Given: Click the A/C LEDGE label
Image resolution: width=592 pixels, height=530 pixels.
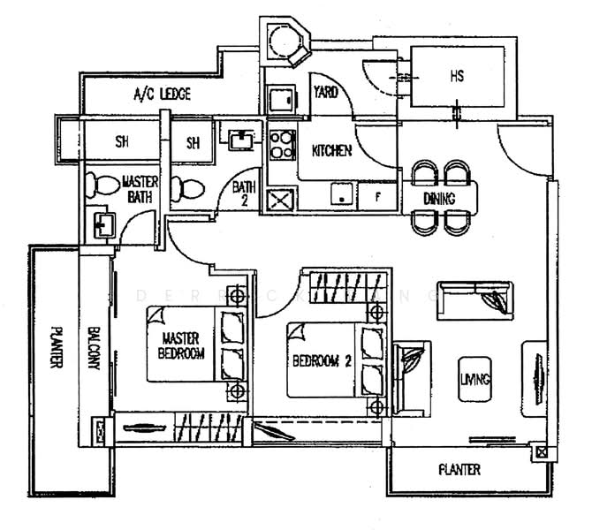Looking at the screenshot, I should point(162,94).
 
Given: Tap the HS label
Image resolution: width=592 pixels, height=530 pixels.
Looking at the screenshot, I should point(458,77).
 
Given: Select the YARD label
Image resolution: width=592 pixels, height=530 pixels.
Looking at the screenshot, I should point(326,92).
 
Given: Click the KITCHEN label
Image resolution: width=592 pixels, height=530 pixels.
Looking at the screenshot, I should point(332,151).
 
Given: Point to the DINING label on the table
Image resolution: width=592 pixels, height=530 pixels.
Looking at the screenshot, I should point(439,199).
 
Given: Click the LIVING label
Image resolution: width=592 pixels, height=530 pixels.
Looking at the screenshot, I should point(474,379).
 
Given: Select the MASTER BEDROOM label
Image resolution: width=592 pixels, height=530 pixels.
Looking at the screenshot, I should point(184,346).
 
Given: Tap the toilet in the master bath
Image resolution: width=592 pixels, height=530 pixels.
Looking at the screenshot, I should point(105,186).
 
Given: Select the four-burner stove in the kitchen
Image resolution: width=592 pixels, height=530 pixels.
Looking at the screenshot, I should point(284,147).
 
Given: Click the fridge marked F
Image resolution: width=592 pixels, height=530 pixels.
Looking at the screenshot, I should point(377,195).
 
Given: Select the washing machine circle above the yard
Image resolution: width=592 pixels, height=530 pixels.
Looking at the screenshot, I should point(284,42).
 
